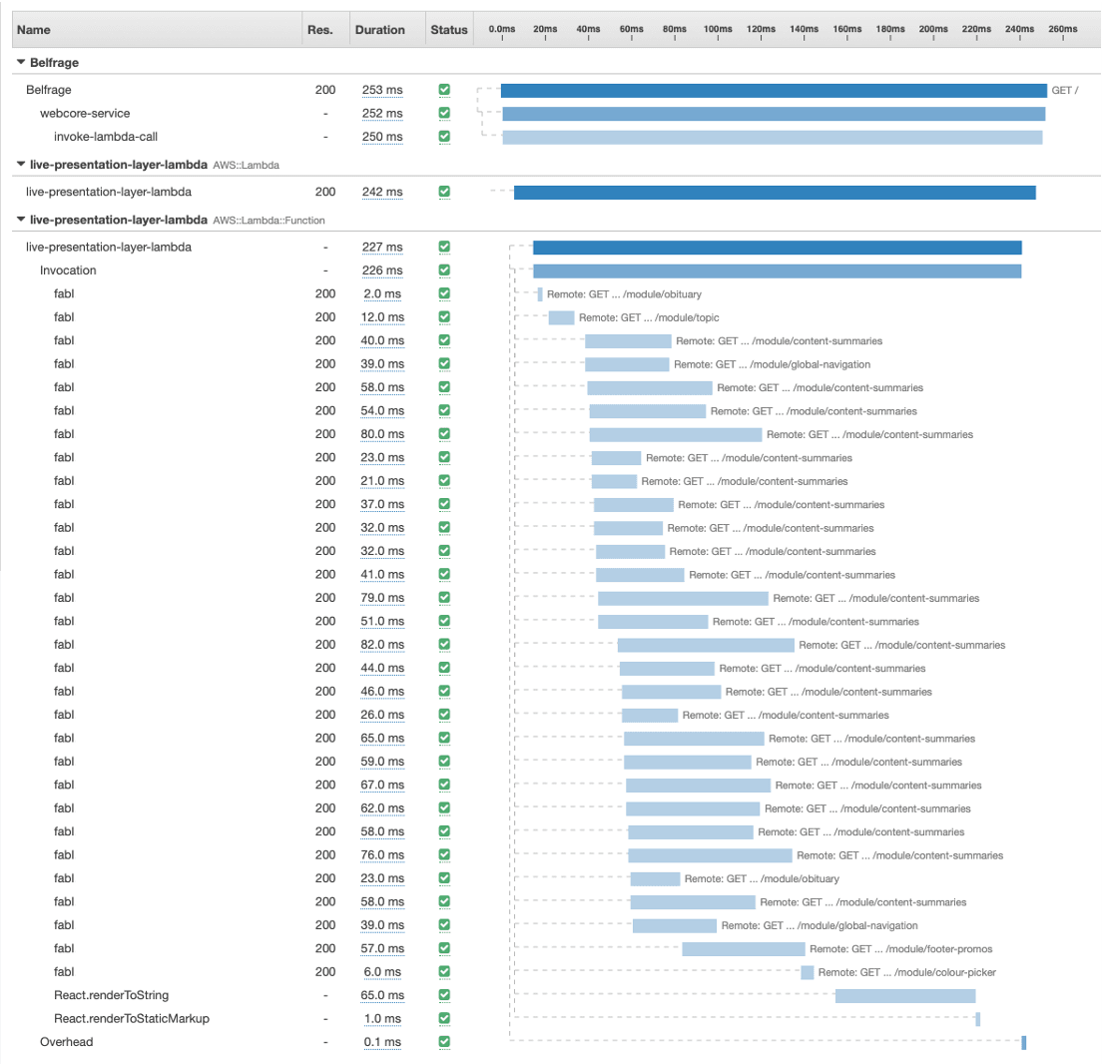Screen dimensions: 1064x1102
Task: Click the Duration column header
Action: (379, 30)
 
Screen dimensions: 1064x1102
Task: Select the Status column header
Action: (448, 30)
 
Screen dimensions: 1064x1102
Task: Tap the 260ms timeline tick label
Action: (1063, 30)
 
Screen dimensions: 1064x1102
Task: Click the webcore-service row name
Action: (85, 113)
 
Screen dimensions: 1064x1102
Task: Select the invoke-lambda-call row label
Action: (106, 137)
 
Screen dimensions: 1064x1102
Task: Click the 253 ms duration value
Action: (382, 90)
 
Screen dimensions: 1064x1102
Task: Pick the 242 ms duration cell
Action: (382, 192)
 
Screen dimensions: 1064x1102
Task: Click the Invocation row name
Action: (68, 270)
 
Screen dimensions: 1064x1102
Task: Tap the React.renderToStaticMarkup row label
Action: (132, 1018)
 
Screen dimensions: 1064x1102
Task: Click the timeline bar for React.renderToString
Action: (904, 995)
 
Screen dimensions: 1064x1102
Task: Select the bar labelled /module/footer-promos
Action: (744, 948)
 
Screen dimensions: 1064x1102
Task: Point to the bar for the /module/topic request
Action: (561, 317)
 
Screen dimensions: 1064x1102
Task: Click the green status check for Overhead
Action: (444, 1042)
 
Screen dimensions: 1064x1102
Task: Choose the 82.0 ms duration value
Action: (382, 646)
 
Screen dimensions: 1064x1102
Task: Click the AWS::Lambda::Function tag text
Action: (269, 220)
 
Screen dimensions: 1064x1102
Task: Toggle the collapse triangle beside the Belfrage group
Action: (21, 62)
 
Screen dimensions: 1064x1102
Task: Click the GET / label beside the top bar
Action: (1065, 90)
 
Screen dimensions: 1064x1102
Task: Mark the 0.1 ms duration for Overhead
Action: (382, 1042)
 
